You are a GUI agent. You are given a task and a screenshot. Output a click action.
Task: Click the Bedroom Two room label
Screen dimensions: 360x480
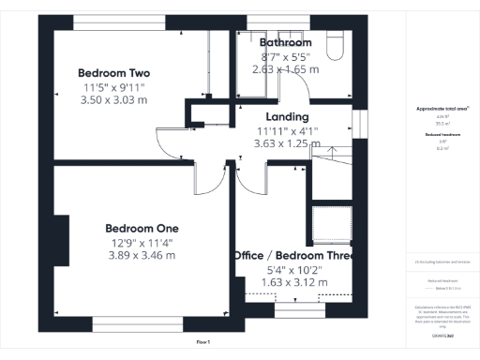[x=114, y=73]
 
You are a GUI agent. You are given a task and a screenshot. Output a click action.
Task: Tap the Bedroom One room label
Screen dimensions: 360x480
[x=142, y=228]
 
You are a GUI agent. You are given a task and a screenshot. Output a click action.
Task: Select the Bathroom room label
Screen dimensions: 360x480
[x=286, y=43]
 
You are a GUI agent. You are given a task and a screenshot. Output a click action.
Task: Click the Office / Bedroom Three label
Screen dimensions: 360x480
[x=293, y=255]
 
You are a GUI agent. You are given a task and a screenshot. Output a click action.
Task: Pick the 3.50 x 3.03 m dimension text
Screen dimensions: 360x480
[x=114, y=100]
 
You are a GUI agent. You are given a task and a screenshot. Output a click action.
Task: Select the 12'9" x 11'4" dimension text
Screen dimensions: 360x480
[x=142, y=242]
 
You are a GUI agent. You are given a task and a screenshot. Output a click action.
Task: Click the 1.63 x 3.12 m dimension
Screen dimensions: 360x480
[x=293, y=282]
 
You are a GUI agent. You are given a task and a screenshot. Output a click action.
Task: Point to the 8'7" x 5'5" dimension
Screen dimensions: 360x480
[x=286, y=57]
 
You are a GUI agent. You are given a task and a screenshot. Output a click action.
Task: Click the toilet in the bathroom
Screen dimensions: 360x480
[x=335, y=47]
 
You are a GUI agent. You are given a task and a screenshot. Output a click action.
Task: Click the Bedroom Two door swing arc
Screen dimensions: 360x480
[x=170, y=142]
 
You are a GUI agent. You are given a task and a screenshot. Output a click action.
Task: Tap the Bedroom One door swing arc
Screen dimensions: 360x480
[x=210, y=176]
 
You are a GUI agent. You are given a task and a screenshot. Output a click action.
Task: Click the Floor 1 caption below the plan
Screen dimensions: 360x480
[x=203, y=342]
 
